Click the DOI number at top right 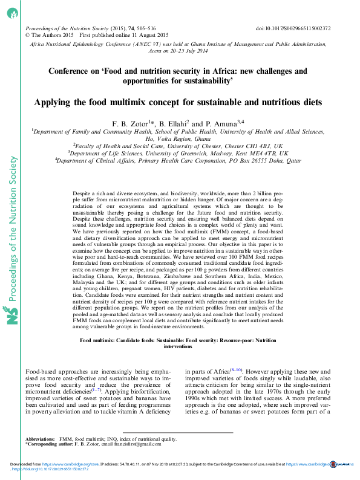(302, 28)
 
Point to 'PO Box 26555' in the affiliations (252, 161)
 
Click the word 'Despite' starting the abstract (82, 191)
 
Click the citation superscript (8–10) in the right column (235, 352)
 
